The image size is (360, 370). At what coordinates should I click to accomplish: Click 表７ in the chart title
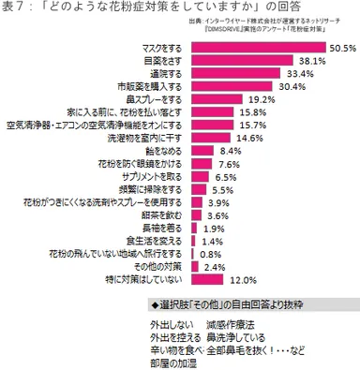coord(13,8)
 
